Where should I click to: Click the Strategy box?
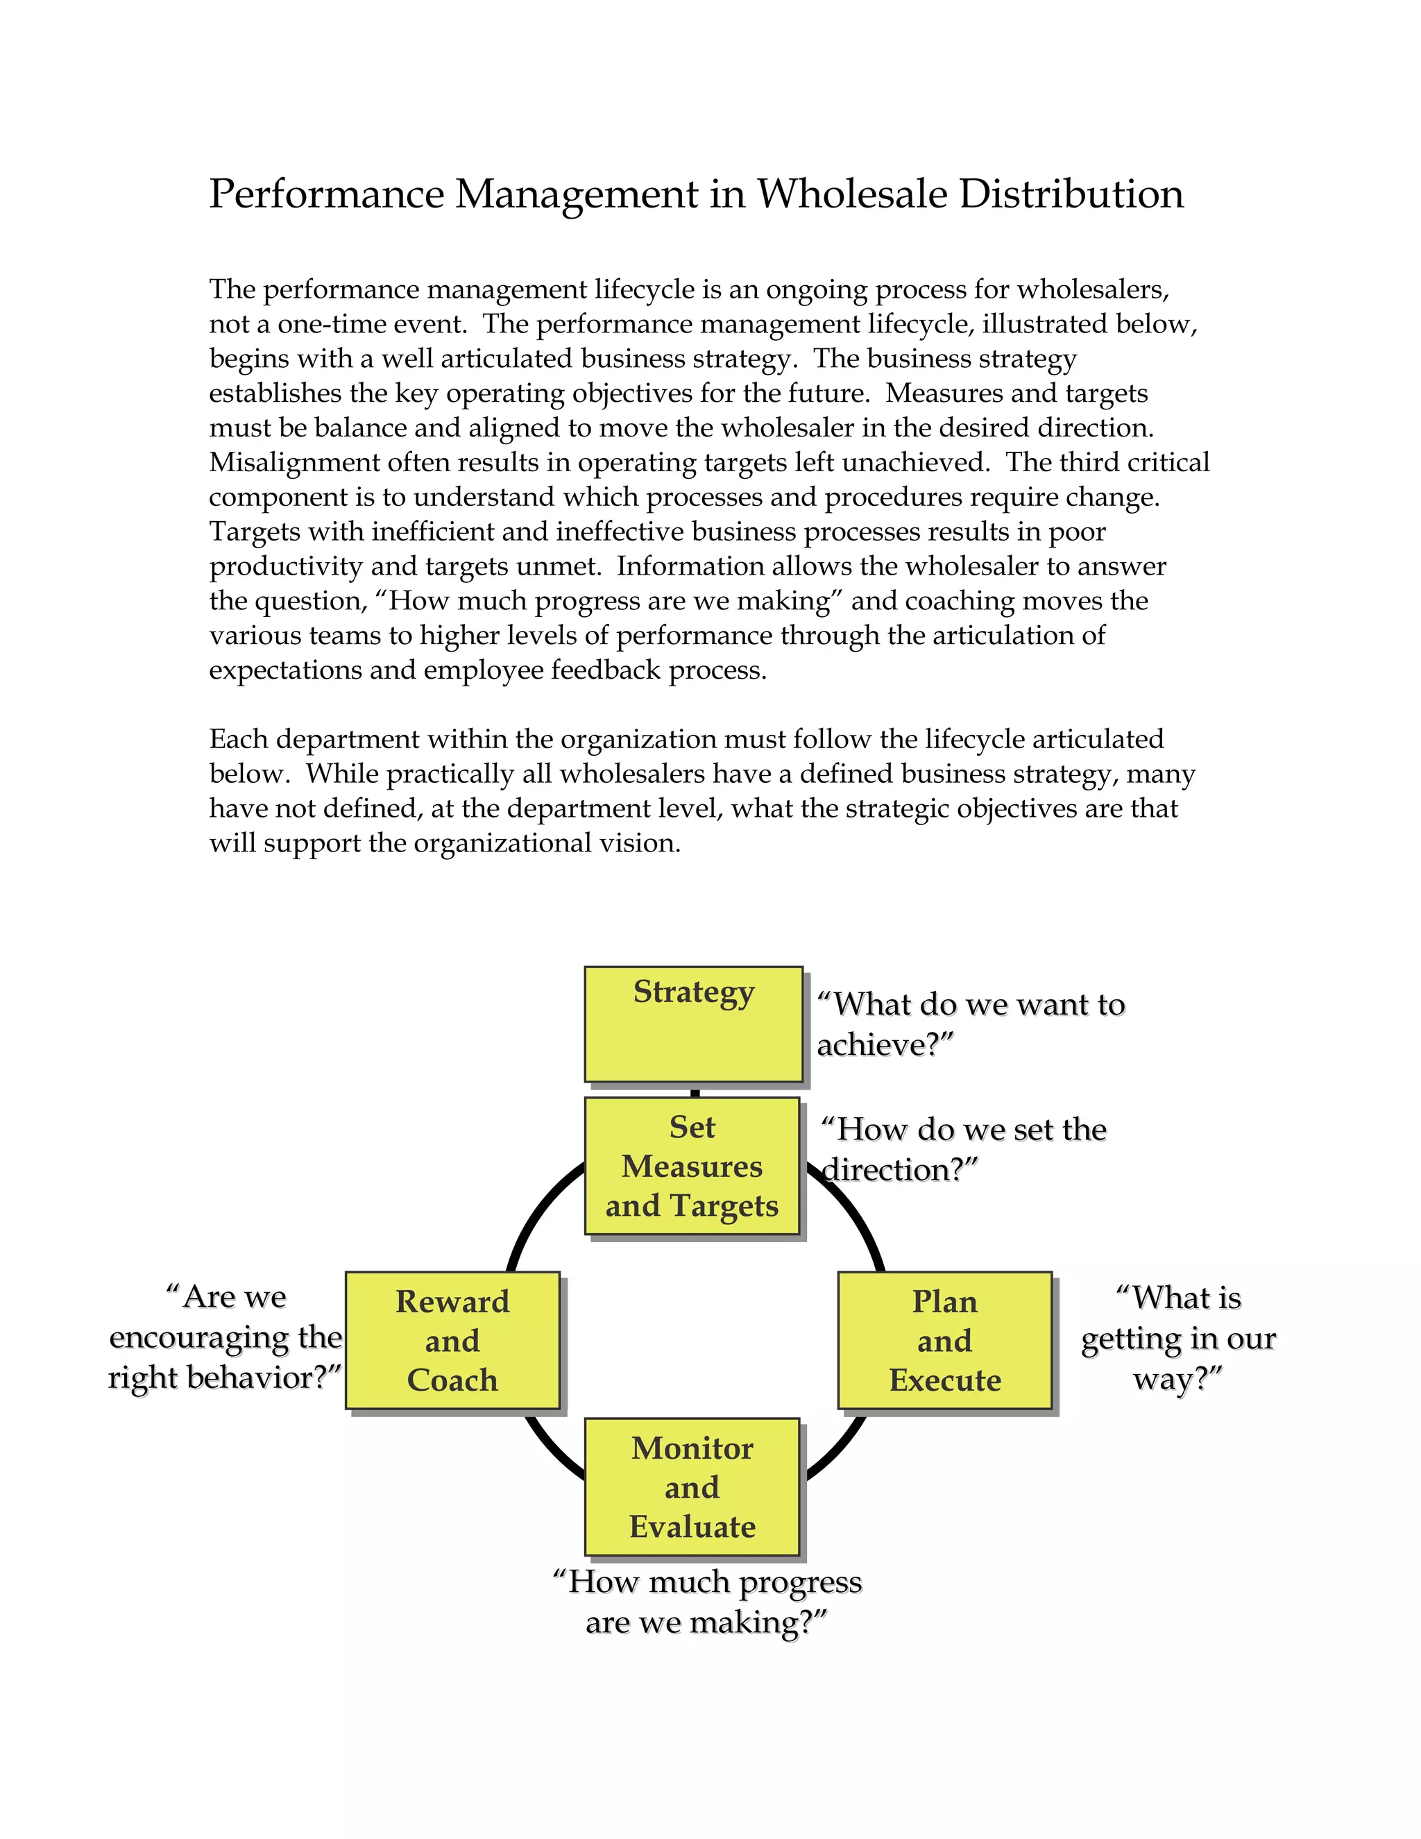693,1023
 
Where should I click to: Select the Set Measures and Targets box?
692,1167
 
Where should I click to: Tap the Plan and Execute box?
944,1341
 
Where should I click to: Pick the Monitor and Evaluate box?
692,1487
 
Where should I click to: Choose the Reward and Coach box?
452,1341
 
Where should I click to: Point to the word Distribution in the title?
1071,194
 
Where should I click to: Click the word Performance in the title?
327,194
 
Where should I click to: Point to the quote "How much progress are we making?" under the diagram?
707,1602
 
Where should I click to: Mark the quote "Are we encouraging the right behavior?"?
226,1337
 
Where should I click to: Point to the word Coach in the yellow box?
452,1380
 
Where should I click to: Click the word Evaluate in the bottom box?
692,1527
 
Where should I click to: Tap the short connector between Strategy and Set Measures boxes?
695,1092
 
